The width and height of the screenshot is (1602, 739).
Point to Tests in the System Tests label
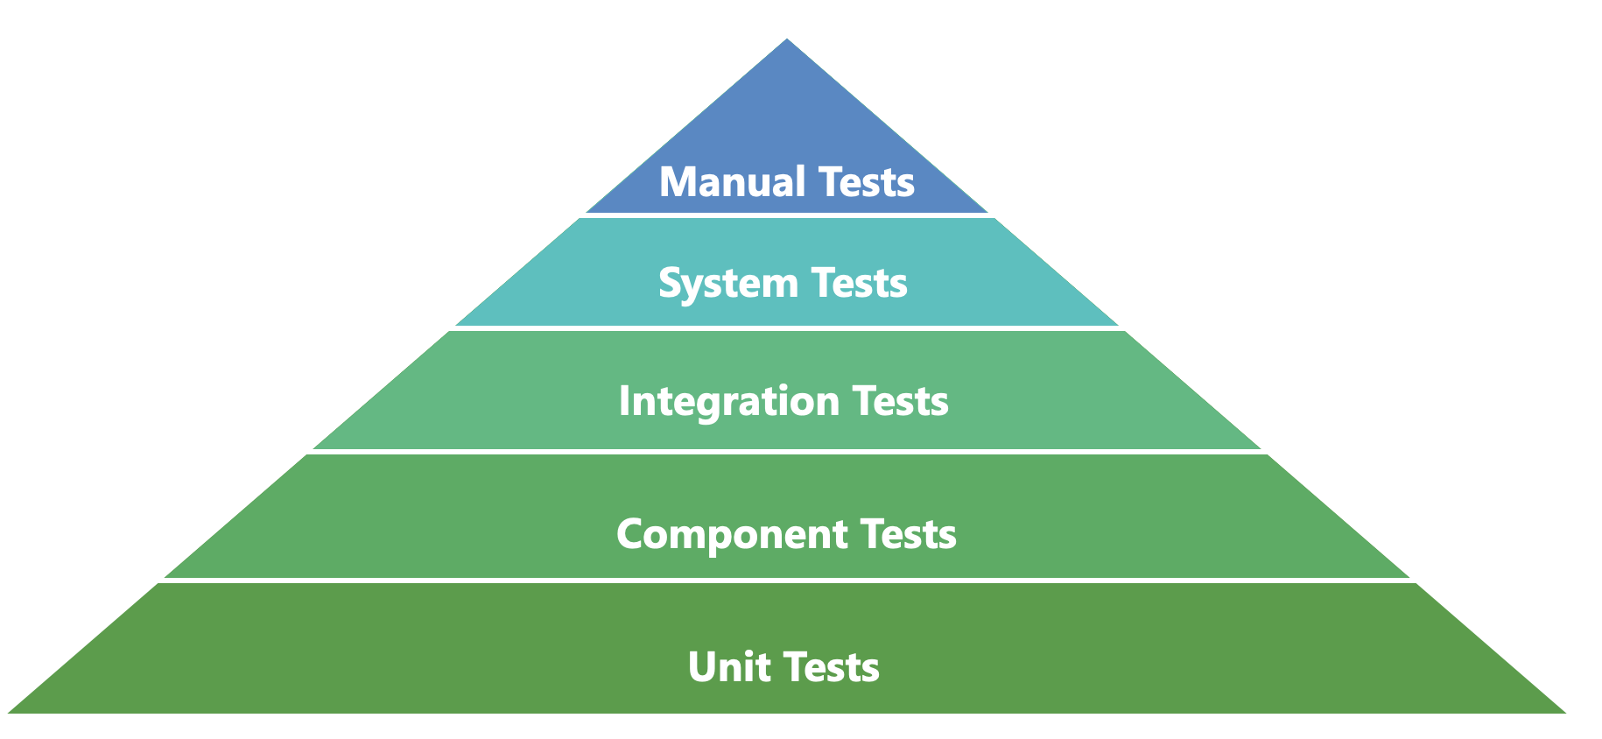click(860, 283)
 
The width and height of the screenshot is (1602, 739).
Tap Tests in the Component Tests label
click(909, 533)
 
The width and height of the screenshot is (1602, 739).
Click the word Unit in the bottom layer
click(729, 666)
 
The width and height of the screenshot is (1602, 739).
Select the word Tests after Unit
click(832, 666)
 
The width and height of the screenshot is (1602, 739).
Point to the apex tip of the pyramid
click(787, 39)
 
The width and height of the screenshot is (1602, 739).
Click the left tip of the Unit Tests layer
click(8, 712)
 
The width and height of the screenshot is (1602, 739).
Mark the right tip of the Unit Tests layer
click(1565, 712)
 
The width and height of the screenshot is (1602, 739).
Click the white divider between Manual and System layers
click(787, 215)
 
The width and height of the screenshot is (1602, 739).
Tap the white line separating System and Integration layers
click(787, 328)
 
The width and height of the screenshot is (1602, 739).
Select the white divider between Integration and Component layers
click(787, 452)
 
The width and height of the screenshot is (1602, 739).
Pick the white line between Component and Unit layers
click(787, 581)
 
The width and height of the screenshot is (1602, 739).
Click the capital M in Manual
click(678, 182)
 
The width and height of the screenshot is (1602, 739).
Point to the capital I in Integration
click(625, 400)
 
